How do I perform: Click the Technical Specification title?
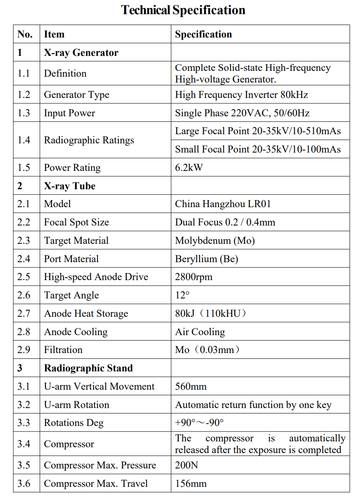tap(183, 10)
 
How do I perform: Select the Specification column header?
tap(203, 34)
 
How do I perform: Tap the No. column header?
tap(25, 34)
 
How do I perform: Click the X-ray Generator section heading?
tap(81, 53)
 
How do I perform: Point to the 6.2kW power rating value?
tap(189, 168)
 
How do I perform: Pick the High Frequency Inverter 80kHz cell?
tap(241, 95)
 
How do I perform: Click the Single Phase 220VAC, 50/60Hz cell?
tap(242, 113)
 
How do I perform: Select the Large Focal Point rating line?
tap(257, 131)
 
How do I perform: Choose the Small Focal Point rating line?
tap(257, 149)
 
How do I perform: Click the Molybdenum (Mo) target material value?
tap(215, 240)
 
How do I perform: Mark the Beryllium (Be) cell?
tap(206, 259)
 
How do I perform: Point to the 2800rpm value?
tap(194, 277)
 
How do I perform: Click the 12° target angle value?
tap(182, 295)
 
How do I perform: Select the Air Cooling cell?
tap(200, 332)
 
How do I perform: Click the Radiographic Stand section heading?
tap(88, 368)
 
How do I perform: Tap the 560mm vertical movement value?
tap(191, 386)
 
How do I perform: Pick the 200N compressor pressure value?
tap(186, 465)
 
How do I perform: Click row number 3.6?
tap(24, 483)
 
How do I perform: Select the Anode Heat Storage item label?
tap(86, 313)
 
